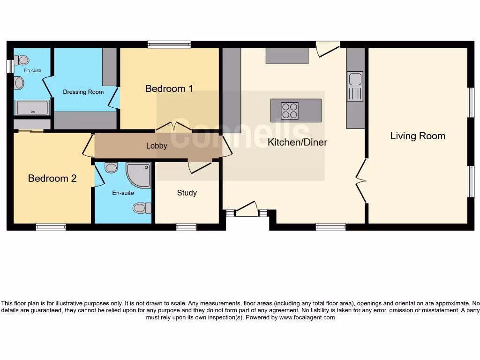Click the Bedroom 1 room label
pyautogui.click(x=169, y=89)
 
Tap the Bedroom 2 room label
pyautogui.click(x=52, y=179)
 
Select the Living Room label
pyautogui.click(x=418, y=136)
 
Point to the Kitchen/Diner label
pyautogui.click(x=297, y=142)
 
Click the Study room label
pyautogui.click(x=187, y=193)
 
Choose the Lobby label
pyautogui.click(x=157, y=146)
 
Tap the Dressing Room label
pyautogui.click(x=83, y=92)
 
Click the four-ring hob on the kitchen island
pyautogui.click(x=290, y=111)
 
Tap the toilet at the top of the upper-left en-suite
pyautogui.click(x=22, y=60)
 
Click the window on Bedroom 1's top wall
pyautogui.click(x=169, y=45)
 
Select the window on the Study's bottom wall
pyautogui.click(x=186, y=227)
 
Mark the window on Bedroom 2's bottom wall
pyautogui.click(x=51, y=227)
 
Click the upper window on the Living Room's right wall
pyautogui.click(x=470, y=103)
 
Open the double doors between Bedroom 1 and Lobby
pyautogui.click(x=174, y=127)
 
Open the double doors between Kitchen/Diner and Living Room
pyautogui.click(x=361, y=180)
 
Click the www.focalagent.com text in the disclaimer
pyautogui.click(x=307, y=317)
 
